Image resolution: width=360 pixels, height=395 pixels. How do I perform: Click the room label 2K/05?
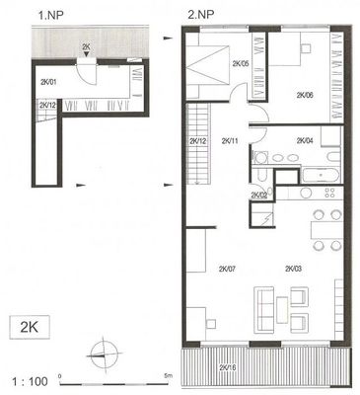coord(241,64)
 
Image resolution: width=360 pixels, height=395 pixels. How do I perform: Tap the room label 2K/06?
coord(305,96)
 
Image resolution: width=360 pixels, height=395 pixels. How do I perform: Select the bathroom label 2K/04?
coord(305,141)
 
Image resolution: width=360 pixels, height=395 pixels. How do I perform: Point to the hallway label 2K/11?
coord(230,141)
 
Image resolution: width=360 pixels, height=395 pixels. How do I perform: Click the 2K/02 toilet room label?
coord(259,195)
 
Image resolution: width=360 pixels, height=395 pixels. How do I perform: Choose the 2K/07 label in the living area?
coord(227,269)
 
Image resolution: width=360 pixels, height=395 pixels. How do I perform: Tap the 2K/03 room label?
coord(294,269)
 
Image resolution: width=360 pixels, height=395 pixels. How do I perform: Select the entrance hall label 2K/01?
coord(48,82)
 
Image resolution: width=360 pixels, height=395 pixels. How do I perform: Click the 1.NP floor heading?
coord(50,15)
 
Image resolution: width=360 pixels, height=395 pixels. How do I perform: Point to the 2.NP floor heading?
coord(200,15)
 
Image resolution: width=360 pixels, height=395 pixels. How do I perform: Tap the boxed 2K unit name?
coord(30,327)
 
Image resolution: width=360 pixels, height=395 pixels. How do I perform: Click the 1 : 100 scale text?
coord(30,381)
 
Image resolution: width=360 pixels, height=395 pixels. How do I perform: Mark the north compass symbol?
coord(104,355)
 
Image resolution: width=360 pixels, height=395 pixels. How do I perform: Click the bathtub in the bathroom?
coord(321,176)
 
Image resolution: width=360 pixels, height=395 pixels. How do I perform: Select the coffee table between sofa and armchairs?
coord(282,310)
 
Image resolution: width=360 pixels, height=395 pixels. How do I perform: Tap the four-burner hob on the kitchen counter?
coord(329,193)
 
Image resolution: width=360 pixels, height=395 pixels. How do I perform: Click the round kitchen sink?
coord(306,193)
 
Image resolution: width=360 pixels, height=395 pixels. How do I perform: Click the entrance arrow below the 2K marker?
coord(86,54)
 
